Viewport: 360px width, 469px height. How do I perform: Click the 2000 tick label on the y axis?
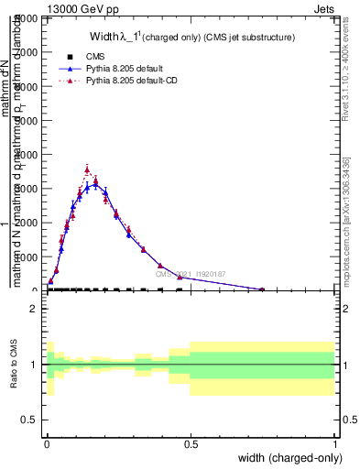[27, 223]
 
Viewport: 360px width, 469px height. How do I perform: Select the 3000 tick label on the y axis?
[27, 189]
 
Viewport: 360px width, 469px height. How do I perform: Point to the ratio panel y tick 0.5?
[29, 420]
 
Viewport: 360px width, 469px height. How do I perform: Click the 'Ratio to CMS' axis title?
[13, 365]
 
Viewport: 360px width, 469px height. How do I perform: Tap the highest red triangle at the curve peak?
[87, 169]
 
